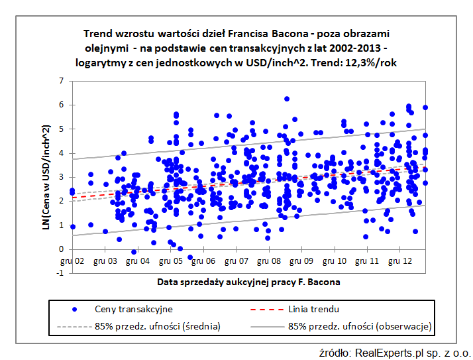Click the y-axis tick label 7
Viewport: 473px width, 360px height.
pos(62,81)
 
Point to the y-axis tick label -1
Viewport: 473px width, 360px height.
pos(60,274)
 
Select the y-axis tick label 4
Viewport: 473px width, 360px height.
pos(62,153)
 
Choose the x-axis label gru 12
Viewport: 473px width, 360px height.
pos(401,262)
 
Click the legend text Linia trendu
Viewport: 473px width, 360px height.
pos(315,309)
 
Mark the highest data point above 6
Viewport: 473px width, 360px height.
pos(287,99)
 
